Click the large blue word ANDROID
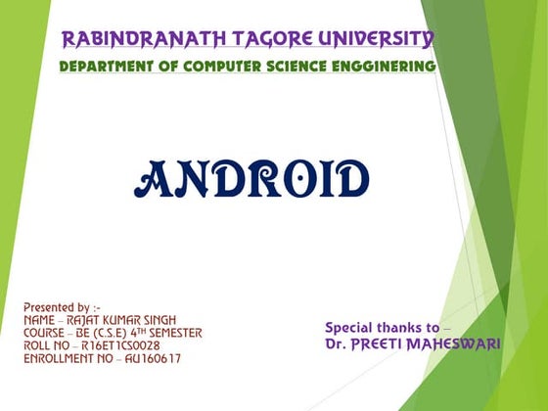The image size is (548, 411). [251, 179]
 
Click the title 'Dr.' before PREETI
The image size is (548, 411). [336, 344]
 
